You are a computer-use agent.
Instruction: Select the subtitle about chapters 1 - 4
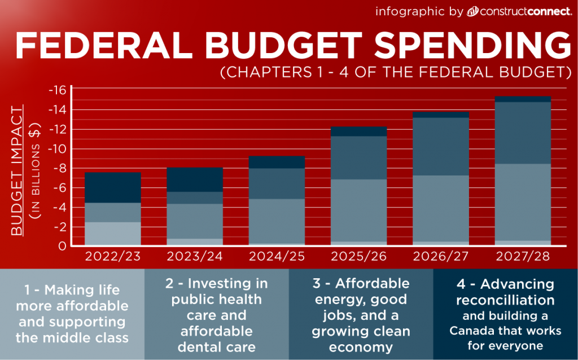pos(393,73)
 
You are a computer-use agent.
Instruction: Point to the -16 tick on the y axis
pos(57,90)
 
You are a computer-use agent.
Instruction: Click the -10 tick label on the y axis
pos(57,149)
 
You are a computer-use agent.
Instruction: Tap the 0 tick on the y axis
pos(63,246)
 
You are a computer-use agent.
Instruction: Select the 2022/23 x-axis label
pos(112,257)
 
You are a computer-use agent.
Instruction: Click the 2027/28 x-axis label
pos(523,257)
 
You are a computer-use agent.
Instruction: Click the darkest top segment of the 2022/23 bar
pos(112,187)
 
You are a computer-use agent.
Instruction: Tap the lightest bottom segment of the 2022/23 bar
pos(112,234)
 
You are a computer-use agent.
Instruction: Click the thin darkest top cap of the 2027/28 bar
pos(523,99)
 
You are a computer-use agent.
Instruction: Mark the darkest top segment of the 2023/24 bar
pos(195,179)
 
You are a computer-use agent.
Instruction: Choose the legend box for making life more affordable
pos(72,314)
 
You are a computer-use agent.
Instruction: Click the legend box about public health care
pos(217,314)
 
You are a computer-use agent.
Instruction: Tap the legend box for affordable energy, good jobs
pos(361,314)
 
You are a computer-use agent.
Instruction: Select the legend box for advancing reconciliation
pos(506,314)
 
